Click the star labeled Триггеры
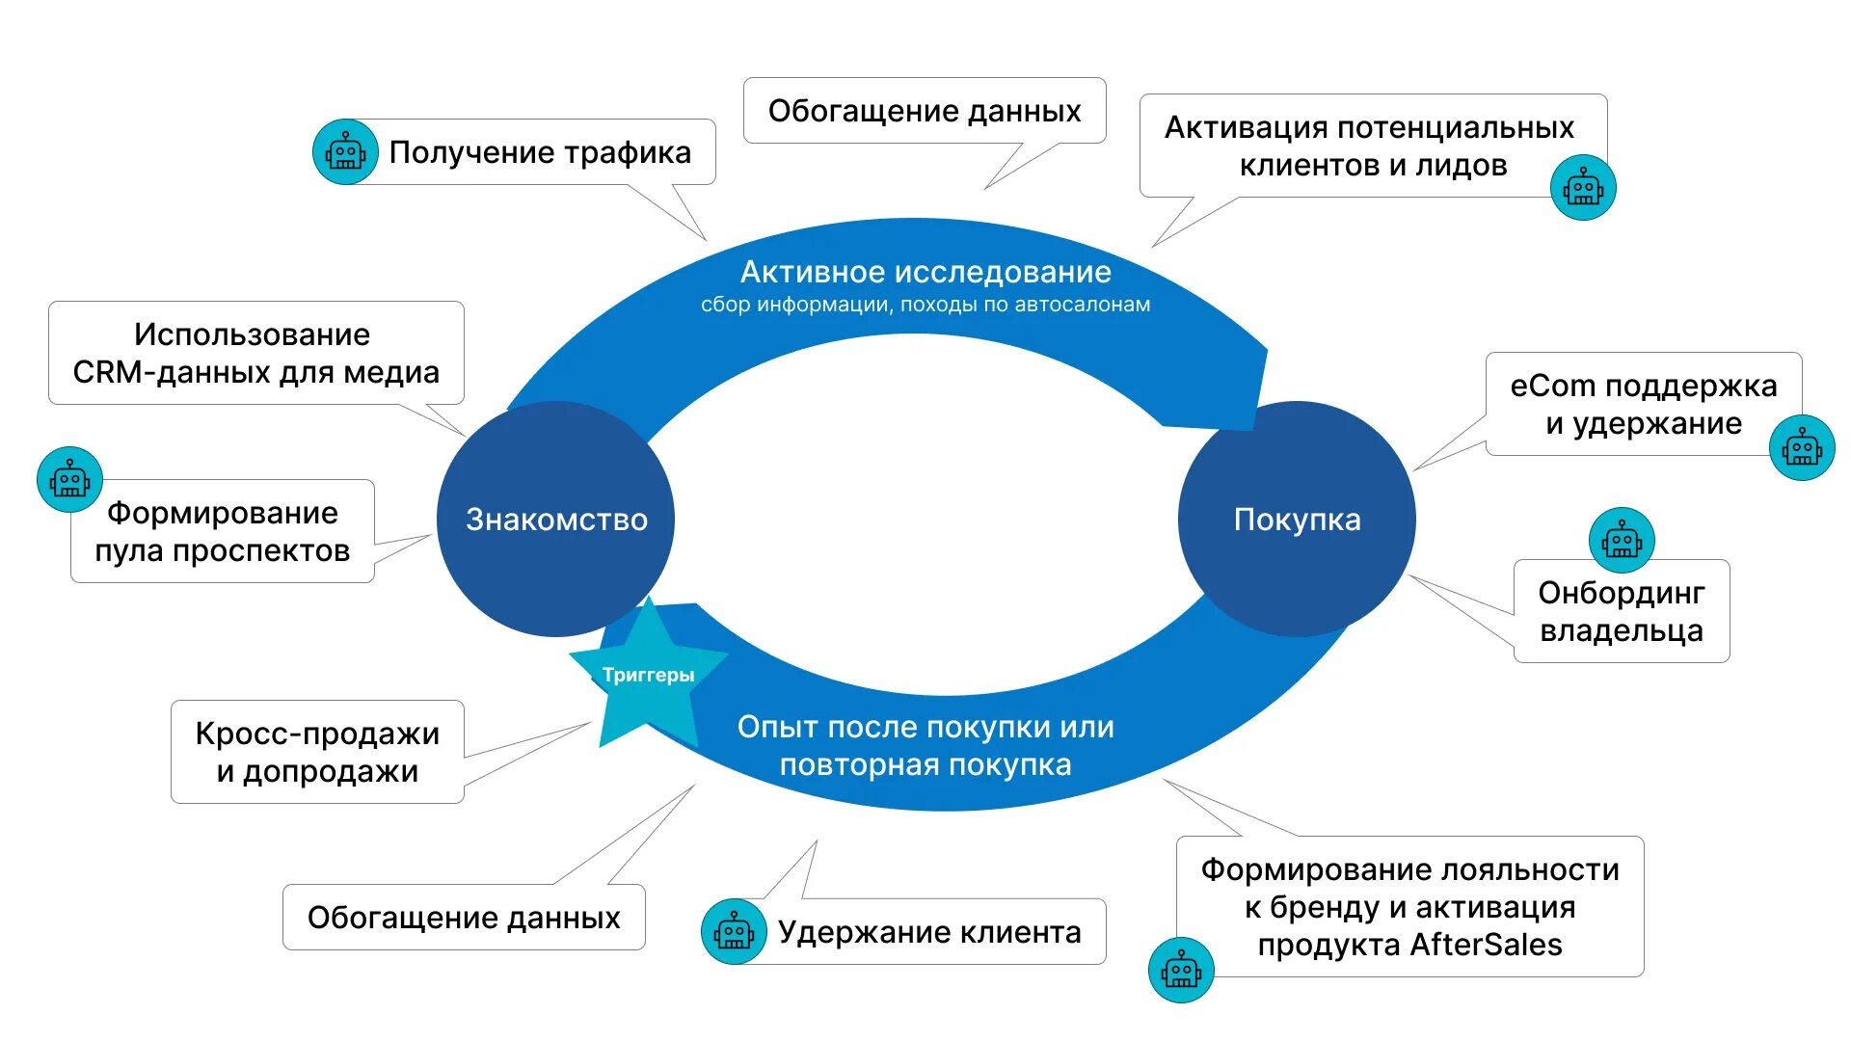coord(648,675)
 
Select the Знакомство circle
coord(555,519)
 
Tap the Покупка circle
coord(1297,519)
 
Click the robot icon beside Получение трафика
coord(345,152)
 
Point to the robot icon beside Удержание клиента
coord(734,932)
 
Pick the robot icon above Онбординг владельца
coord(1622,541)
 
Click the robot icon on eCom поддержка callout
coord(1802,448)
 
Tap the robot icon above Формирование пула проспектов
coord(69,479)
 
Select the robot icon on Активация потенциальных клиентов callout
coord(1583,187)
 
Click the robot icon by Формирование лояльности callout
coord(1181,970)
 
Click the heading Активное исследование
coord(925,272)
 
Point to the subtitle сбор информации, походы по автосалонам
coord(925,305)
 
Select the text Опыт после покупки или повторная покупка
coord(925,745)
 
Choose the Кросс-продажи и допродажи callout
coord(317,752)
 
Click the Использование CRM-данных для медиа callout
coord(255,353)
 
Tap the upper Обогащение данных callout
coord(925,111)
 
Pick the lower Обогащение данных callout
coord(464,918)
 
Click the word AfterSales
coord(1486,945)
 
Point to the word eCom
coord(1552,386)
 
